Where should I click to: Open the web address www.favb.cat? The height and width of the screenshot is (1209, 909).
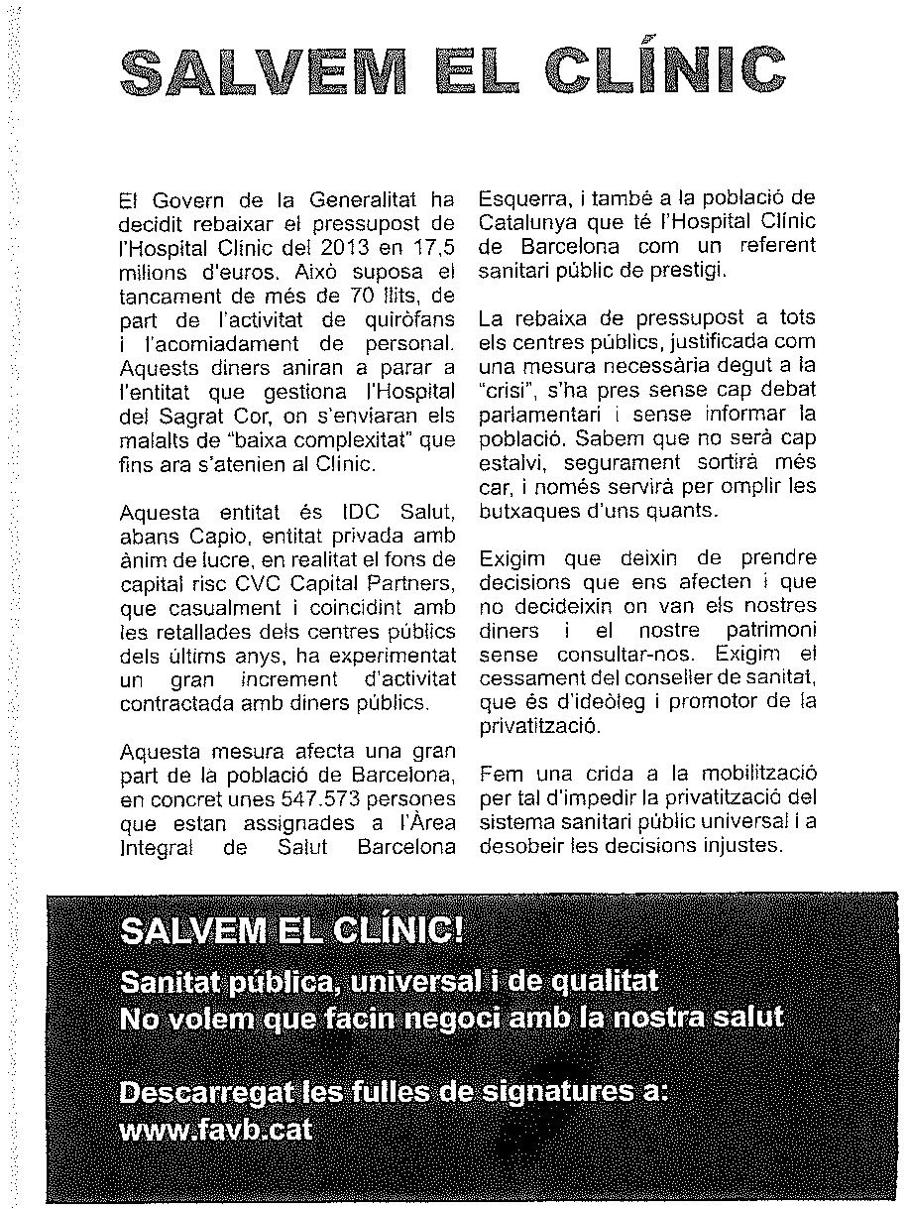[x=215, y=1130]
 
